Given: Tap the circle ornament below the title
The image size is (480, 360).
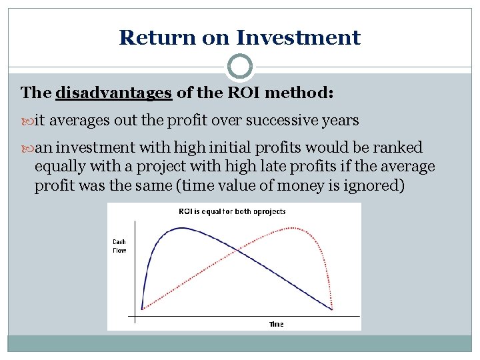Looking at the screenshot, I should tap(240, 67).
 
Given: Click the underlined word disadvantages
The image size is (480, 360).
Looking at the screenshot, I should tap(113, 93).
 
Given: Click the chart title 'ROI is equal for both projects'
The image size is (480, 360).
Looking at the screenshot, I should tap(231, 211).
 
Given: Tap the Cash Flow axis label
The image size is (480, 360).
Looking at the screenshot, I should tap(119, 247).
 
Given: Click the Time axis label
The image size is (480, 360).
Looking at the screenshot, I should tap(276, 324).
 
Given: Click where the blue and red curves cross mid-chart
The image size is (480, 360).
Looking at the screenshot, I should tap(237, 250).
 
